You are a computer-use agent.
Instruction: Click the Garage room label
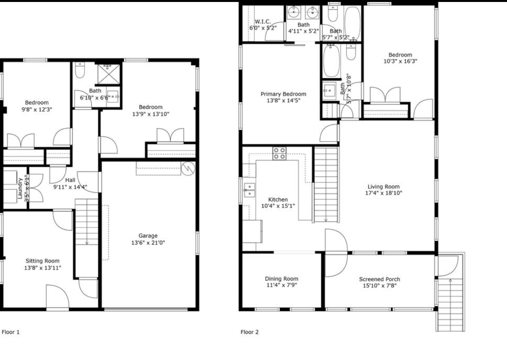pyautogui.click(x=148, y=236)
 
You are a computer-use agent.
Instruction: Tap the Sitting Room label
pyautogui.click(x=43, y=261)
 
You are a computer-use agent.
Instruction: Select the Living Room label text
pyautogui.click(x=384, y=187)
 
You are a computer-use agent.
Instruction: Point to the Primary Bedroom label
pyautogui.click(x=283, y=94)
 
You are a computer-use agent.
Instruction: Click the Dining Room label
pyautogui.click(x=281, y=279)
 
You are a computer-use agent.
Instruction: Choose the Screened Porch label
pyautogui.click(x=379, y=279)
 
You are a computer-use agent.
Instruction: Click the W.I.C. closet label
pyautogui.click(x=263, y=22)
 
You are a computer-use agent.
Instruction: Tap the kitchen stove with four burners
pyautogui.click(x=279, y=153)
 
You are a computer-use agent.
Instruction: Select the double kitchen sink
pyautogui.click(x=249, y=189)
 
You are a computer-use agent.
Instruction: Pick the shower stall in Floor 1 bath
pyautogui.click(x=108, y=73)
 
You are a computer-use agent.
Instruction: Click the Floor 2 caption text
pyautogui.click(x=250, y=332)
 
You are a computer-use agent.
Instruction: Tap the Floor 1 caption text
pyautogui.click(x=11, y=332)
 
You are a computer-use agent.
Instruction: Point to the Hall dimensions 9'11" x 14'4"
pyautogui.click(x=70, y=187)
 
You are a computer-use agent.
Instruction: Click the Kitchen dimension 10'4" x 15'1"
pyautogui.click(x=278, y=206)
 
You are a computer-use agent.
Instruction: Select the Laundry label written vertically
pyautogui.click(x=20, y=188)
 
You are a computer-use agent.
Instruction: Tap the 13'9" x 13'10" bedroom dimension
pyautogui.click(x=150, y=114)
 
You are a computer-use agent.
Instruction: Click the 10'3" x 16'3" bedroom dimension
pyautogui.click(x=400, y=61)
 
